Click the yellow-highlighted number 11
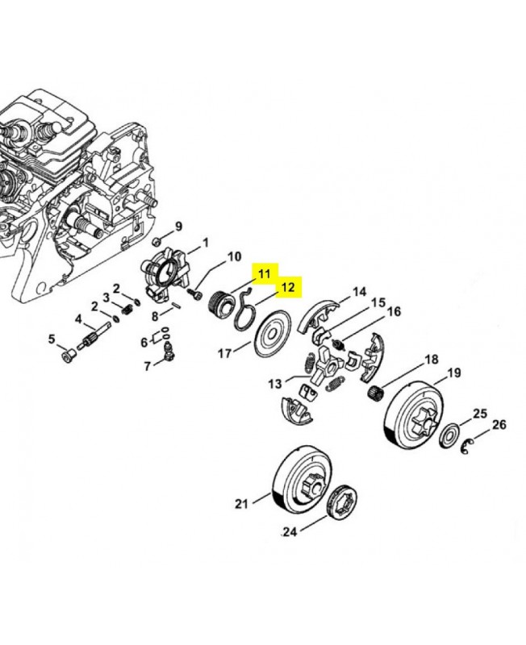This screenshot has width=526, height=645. [264, 274]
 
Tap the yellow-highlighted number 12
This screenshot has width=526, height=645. [288, 287]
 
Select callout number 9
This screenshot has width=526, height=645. [178, 227]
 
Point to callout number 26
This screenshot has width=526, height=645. [499, 424]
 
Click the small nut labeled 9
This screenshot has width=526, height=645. [156, 240]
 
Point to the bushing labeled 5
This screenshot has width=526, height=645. [67, 355]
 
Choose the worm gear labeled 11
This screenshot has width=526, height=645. [219, 305]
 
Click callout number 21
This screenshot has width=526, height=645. [241, 503]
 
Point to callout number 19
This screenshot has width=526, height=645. [453, 373]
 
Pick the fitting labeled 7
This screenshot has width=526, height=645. [168, 352]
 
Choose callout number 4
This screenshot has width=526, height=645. [78, 319]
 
